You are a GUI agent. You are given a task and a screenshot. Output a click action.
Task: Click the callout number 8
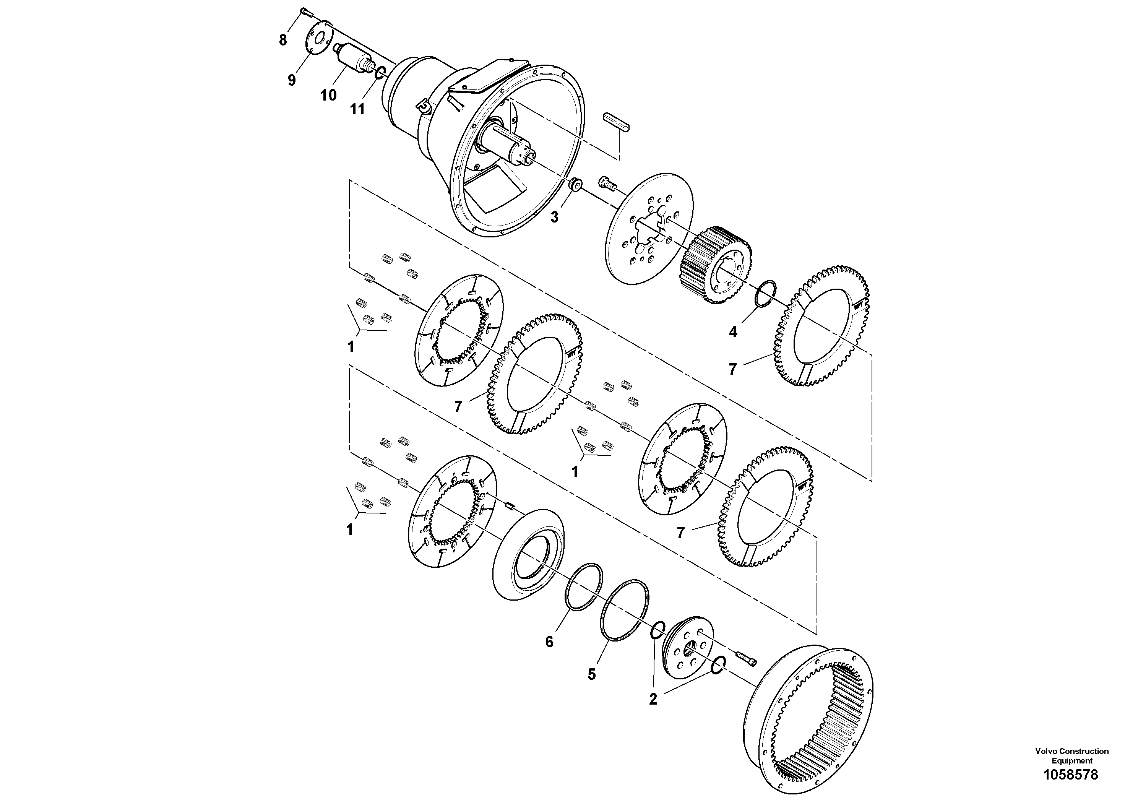[282, 40]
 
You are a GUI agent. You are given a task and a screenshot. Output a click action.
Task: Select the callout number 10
[328, 95]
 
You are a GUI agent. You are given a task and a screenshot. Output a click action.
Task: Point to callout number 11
[357, 109]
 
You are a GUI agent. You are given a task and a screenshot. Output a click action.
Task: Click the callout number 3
[554, 217]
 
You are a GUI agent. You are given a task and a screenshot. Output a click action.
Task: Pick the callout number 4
[733, 331]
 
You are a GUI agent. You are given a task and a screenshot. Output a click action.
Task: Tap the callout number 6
[549, 642]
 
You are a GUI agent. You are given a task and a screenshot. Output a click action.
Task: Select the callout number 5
[592, 674]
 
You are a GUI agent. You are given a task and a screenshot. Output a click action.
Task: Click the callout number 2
[653, 699]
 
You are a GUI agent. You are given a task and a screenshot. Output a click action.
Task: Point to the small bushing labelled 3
[575, 185]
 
